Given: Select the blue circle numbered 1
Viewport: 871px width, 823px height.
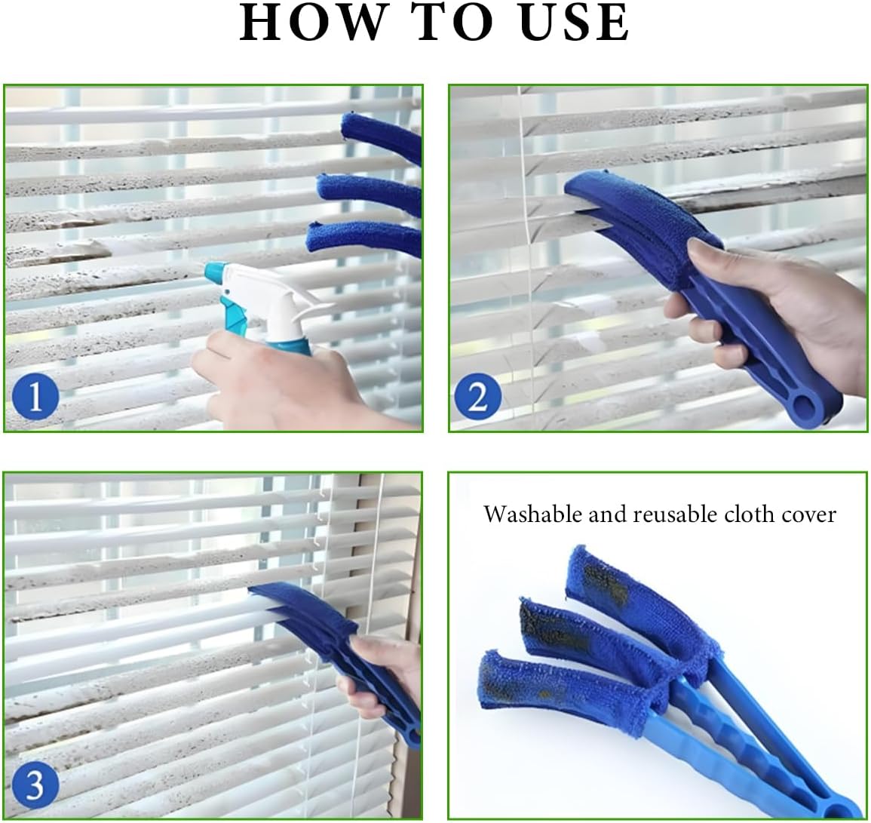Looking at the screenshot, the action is point(35,397).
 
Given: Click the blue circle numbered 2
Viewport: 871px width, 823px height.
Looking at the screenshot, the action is point(477,397).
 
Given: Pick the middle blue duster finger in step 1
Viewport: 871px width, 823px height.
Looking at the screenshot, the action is point(370,192).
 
